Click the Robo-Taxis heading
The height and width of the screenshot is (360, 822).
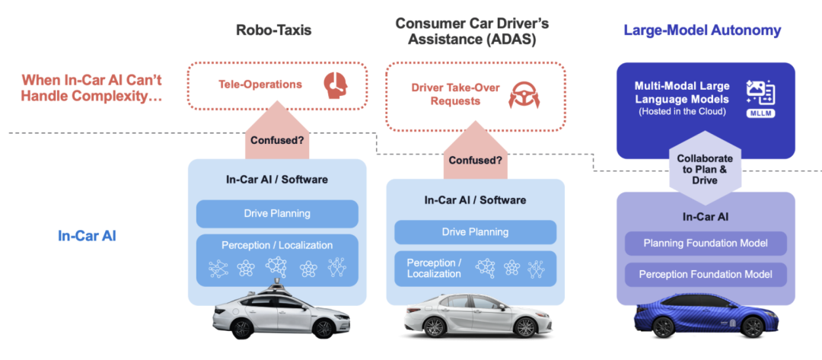coord(273,30)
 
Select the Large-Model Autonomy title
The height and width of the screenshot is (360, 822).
coord(702,30)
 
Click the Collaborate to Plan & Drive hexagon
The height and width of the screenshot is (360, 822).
coord(704,169)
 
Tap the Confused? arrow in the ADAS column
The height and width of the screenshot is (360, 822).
coord(475,151)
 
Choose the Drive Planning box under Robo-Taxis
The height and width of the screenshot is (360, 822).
coord(277,213)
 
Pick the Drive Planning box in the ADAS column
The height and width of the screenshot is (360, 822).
coord(475,232)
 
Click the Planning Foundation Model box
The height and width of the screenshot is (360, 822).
coord(706,243)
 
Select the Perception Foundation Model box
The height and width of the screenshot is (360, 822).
coord(706,274)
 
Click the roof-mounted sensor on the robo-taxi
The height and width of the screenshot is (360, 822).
coord(276,288)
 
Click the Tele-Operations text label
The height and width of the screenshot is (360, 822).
coord(260,84)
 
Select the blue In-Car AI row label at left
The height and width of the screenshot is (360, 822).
coord(87,236)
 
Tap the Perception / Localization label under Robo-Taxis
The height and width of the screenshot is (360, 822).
coord(277,245)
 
